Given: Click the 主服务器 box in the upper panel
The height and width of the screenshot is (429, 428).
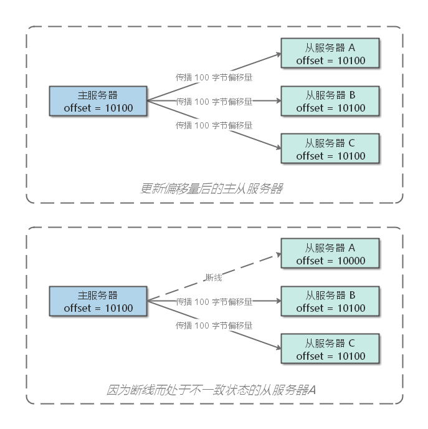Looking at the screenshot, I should (x=98, y=102).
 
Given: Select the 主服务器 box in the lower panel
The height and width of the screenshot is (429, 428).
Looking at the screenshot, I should (x=98, y=302).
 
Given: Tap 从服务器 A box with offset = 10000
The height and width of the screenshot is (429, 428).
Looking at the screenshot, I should (x=330, y=254).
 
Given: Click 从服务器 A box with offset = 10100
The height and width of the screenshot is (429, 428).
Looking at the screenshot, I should (x=330, y=54).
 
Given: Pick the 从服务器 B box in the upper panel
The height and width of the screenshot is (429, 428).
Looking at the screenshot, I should (x=330, y=102).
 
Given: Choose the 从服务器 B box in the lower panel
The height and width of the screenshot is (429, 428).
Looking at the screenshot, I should (x=330, y=302).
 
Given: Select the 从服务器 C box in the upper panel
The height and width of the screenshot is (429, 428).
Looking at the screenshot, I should (x=330, y=150).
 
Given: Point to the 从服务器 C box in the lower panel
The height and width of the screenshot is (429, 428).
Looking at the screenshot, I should (x=330, y=350).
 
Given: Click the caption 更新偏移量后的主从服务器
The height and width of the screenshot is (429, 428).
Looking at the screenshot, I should (x=211, y=188).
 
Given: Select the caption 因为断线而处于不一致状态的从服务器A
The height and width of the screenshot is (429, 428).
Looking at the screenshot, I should (x=211, y=390).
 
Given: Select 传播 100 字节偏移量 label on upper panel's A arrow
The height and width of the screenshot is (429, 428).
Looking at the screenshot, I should (x=214, y=78).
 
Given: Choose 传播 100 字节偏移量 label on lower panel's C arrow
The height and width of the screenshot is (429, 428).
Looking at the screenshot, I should (x=214, y=325).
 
